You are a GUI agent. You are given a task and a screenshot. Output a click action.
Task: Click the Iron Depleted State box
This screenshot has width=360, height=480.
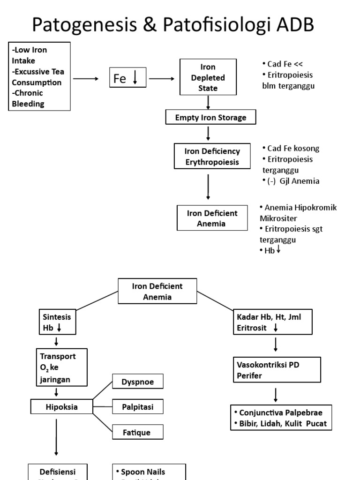pyautogui.click(x=208, y=77)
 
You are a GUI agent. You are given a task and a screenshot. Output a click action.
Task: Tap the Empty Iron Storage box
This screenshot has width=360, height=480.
pyautogui.click(x=210, y=118)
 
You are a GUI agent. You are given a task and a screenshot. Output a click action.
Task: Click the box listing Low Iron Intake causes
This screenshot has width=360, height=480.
pyautogui.click(x=40, y=76)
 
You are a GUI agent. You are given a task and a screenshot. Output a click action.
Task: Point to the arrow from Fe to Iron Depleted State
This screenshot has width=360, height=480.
pyautogui.click(x=161, y=79)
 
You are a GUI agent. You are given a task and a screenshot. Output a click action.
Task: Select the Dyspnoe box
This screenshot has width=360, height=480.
pyautogui.click(x=138, y=382)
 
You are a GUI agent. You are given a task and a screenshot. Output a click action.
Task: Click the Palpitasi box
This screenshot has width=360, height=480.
pyautogui.click(x=138, y=407)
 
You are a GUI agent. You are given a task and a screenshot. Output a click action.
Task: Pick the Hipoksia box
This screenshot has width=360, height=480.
pyautogui.click(x=61, y=407)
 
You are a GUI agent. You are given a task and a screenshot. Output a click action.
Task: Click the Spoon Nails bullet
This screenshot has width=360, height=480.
pyautogui.click(x=142, y=472)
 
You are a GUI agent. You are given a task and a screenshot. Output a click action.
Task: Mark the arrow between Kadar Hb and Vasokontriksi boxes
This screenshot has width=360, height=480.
pyautogui.click(x=276, y=345)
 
